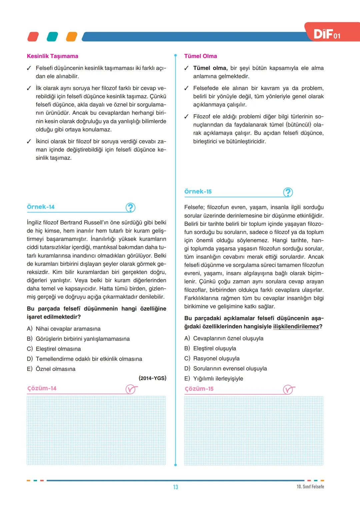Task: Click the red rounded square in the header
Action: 33,37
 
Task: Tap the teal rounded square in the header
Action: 52,37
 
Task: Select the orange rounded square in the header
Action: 72,37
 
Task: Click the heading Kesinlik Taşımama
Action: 52,56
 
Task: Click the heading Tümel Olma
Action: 200,56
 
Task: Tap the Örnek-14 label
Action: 41,207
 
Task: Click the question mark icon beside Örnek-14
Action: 130,208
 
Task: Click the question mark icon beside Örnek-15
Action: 288,192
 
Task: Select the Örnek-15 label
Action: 198,191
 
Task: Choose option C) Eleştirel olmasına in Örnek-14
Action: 54,349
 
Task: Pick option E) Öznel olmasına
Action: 51,369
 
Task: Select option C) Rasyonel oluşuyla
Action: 212,358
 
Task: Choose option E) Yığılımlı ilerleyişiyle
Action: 214,378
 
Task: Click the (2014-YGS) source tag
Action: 152,378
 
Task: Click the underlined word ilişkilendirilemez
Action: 296,326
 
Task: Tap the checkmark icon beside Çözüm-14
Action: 131,389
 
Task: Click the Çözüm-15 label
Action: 199,389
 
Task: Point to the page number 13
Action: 176,487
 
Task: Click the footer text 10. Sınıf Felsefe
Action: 310,487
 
